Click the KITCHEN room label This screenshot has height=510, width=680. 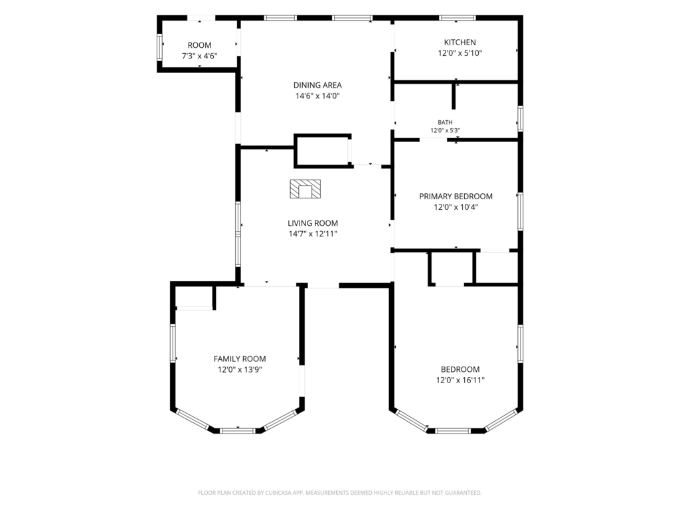pos(460,42)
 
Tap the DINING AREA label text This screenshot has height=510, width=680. pos(317,85)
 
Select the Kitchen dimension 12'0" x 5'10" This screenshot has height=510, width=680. pos(460,53)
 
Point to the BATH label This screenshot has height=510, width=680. pos(445,122)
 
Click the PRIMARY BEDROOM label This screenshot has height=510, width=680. pos(456,196)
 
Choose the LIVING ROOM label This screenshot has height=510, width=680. pos(313,223)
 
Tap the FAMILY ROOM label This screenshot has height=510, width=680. pos(239,359)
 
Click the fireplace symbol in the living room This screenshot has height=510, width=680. pos(305,189)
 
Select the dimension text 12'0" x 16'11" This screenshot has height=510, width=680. pos(460,381)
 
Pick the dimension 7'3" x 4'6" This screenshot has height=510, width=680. pos(199,56)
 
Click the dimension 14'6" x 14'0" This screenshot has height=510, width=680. pos(317,96)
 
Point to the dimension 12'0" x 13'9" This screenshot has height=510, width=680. pos(240,369)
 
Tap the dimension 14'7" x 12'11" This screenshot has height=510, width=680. pos(313,234)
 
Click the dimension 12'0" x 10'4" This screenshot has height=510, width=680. pos(456,207)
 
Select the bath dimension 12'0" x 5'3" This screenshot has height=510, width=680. pos(445,130)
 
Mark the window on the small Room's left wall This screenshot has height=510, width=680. pos(159,47)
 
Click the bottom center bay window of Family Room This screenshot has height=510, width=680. pos(238,430)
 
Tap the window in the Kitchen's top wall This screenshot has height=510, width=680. pos(457,18)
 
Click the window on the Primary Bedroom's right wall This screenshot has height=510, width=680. pos(521,211)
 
